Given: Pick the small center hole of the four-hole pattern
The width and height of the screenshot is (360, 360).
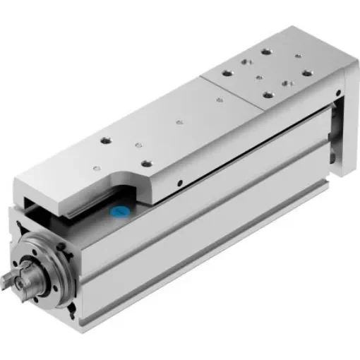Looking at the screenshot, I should click(261, 74).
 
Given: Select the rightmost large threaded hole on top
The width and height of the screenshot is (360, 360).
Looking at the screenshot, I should click(306, 72).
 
